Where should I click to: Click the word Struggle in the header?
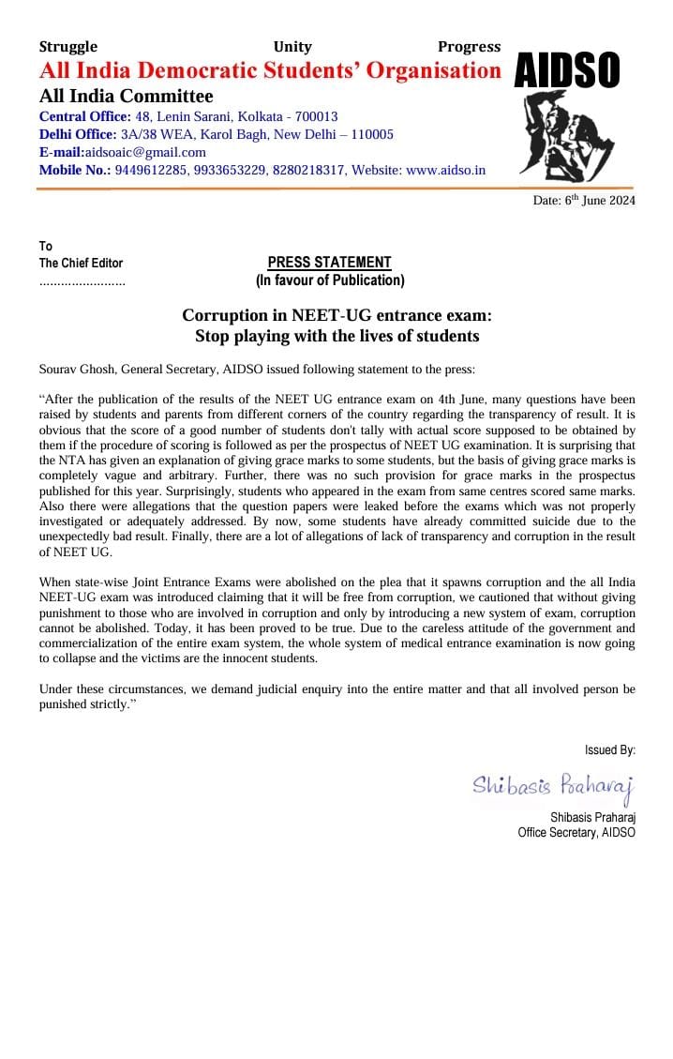[68, 47]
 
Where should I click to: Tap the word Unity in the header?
[292, 47]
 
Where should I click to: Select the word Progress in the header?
[469, 47]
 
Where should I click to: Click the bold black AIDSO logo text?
[567, 70]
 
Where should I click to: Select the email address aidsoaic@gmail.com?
[145, 152]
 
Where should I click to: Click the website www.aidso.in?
[445, 170]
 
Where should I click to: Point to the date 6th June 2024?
[599, 201]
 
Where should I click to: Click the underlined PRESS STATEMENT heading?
[330, 263]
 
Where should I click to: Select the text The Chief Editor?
[81, 264]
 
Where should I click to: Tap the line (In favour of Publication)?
[330, 280]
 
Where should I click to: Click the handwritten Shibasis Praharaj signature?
[553, 784]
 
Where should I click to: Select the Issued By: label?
[609, 749]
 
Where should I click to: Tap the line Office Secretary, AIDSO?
[576, 832]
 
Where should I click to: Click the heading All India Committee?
[126, 97]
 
